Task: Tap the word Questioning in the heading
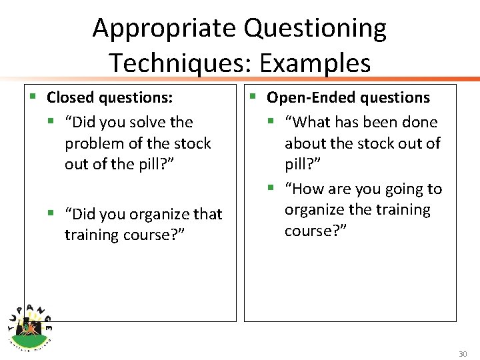(x=315, y=29)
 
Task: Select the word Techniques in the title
(x=180, y=63)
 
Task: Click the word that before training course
(x=207, y=215)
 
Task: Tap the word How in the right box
(x=308, y=189)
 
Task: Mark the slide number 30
(x=463, y=354)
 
